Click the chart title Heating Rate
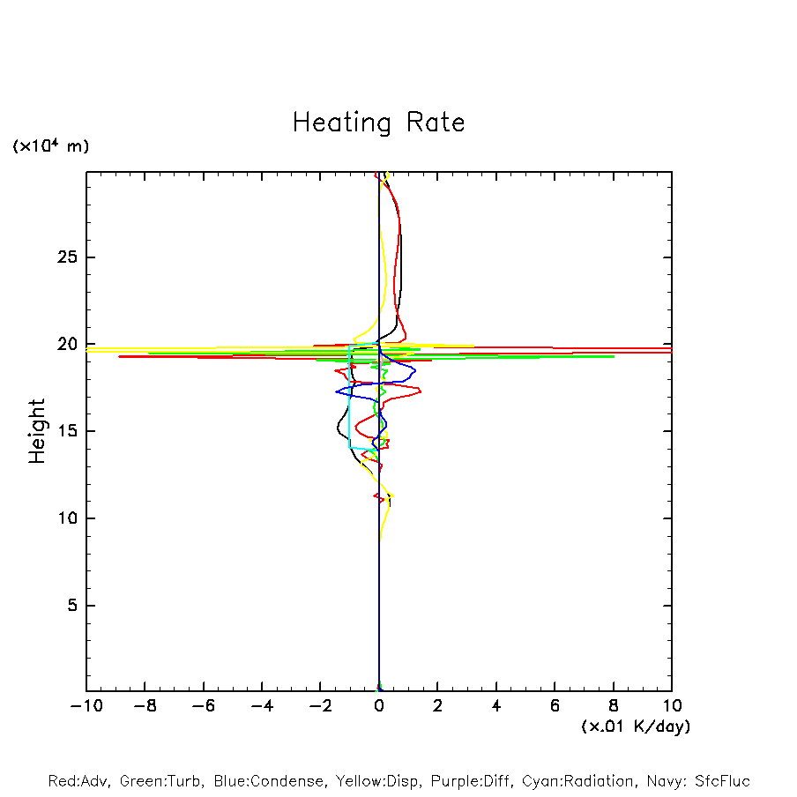(378, 123)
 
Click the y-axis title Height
(37, 431)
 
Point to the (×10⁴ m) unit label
(50, 146)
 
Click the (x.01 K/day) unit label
(635, 726)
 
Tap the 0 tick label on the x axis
(379, 706)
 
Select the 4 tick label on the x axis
(496, 706)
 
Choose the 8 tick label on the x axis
(614, 706)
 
